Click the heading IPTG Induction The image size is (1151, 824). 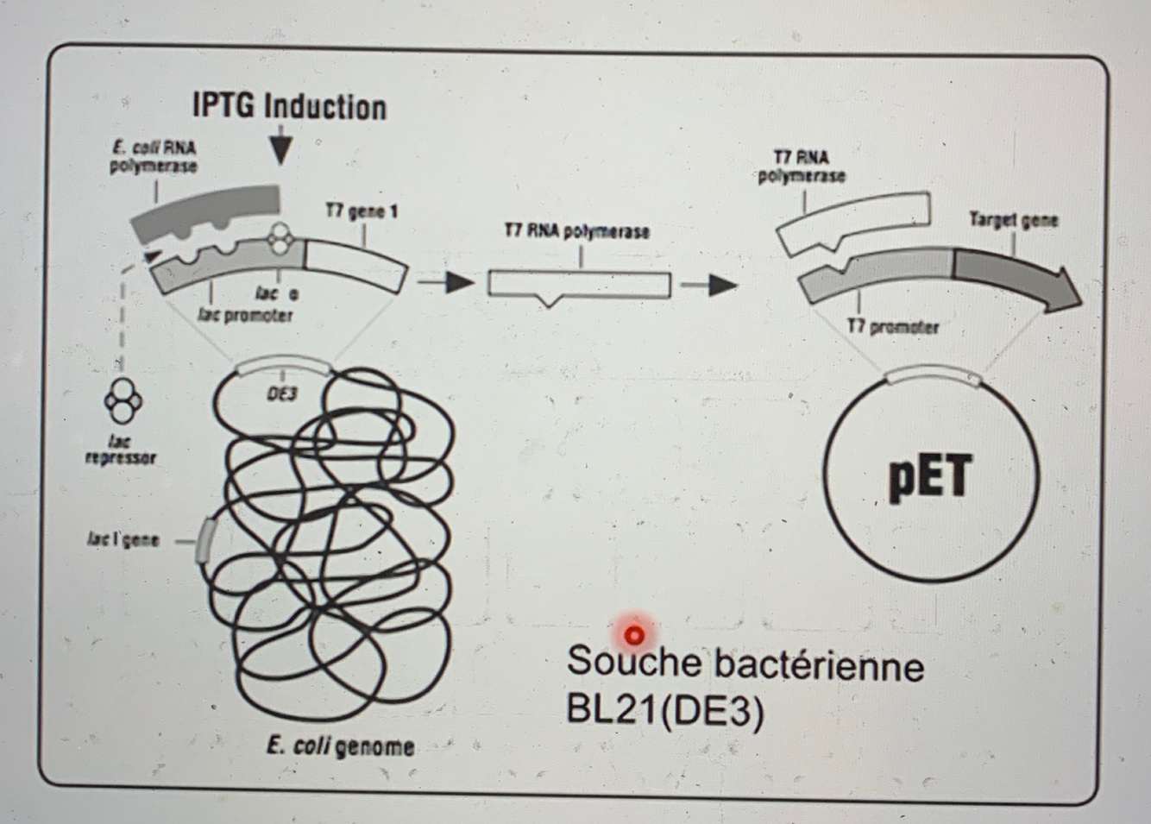289,107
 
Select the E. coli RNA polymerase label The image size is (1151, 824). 153,156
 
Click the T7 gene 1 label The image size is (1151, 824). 361,211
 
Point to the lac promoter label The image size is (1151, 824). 245,315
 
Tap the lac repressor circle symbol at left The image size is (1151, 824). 120,400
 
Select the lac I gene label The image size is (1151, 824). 123,540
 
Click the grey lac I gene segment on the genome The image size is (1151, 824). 204,541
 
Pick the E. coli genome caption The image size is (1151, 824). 340,745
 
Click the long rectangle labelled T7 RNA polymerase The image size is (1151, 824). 579,284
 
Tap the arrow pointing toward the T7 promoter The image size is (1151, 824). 710,285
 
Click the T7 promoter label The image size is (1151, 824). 892,327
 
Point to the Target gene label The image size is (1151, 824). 1013,219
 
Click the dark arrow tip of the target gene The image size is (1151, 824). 1066,291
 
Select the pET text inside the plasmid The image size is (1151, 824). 930,478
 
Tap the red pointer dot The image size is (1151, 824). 634,636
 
